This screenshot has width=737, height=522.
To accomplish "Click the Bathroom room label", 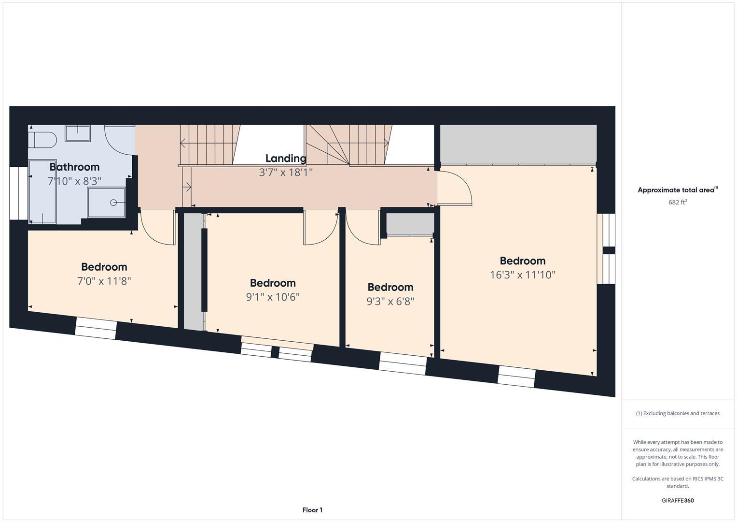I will pos(74,167).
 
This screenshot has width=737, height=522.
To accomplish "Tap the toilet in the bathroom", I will pos(43,139).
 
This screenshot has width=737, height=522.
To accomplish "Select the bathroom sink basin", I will pos(78,133).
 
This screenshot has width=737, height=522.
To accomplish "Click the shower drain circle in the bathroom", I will pos(114,203).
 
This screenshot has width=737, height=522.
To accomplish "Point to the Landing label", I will pos(286,159).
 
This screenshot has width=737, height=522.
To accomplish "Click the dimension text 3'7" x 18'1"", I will pos(286,172).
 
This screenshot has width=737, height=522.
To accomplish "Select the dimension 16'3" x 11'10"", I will pos(523,275).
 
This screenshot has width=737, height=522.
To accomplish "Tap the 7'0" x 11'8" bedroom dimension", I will pos(104,281).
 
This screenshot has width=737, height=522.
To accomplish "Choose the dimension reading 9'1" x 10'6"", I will pos(273,297).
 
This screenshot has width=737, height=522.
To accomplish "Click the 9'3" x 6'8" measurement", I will pos(390,301).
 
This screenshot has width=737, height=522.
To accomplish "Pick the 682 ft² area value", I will pos(678,203).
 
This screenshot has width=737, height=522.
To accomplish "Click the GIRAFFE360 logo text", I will pos(678,501).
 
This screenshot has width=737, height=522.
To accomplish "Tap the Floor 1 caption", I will pos(312,510).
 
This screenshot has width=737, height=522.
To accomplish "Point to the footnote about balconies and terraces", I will pos(678,413).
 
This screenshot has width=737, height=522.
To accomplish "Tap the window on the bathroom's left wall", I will pos(18,193).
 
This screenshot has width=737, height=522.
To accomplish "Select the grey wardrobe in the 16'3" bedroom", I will pos(518,144).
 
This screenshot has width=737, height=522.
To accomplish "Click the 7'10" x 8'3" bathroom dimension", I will pos(74,181).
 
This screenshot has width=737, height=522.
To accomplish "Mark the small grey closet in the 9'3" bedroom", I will pos(409,224).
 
